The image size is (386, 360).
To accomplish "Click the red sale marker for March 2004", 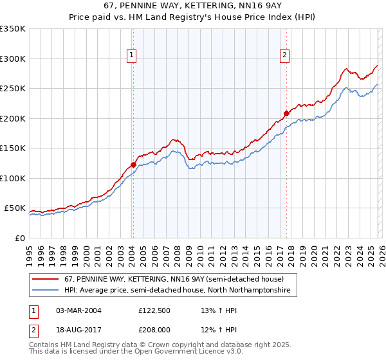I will [133, 165].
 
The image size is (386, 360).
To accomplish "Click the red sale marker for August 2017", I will [286, 113].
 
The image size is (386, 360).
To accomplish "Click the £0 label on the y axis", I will [19, 238].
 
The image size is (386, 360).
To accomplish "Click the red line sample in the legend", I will [46, 279].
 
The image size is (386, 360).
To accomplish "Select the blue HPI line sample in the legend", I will [46, 291].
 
